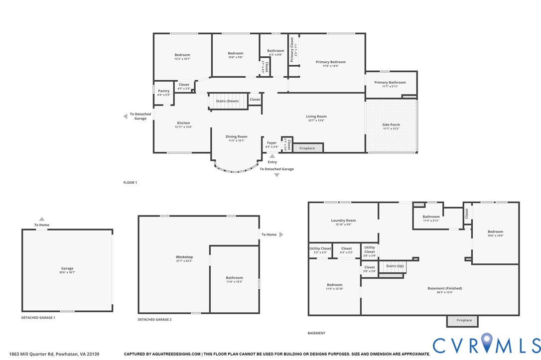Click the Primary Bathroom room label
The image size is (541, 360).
coord(390,83)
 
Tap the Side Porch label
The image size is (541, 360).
coord(391,125)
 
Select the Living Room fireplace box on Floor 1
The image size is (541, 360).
coord(307,148)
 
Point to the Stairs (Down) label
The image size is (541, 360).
coord(227,101)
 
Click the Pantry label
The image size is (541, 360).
coord(164,91)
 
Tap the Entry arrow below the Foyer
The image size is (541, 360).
coord(272,156)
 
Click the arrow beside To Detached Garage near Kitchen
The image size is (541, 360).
coord(126,117)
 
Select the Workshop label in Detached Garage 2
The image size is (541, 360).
coord(184,257)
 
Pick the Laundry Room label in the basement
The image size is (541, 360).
coord(344,221)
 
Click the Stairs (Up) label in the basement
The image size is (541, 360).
coord(395,266)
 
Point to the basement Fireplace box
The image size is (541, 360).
coord(462,321)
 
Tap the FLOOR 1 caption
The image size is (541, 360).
coord(130,183)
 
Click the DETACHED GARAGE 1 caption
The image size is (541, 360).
coord(38,317)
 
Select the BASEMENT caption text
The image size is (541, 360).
coord(316,333)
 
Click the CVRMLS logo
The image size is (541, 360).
coord(486,345)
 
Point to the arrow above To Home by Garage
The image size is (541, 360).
coord(42,219)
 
